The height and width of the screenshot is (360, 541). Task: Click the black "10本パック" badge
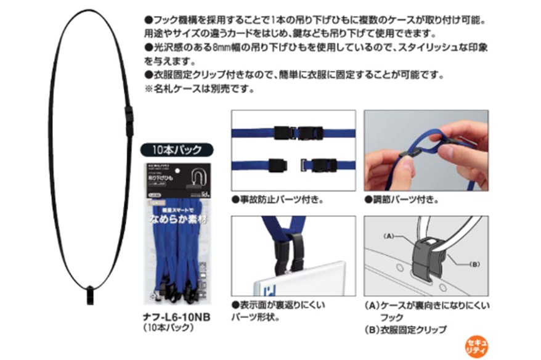(177, 150)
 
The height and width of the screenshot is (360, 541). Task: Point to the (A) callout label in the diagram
(389, 235)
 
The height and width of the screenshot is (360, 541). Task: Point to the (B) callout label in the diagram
(474, 264)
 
